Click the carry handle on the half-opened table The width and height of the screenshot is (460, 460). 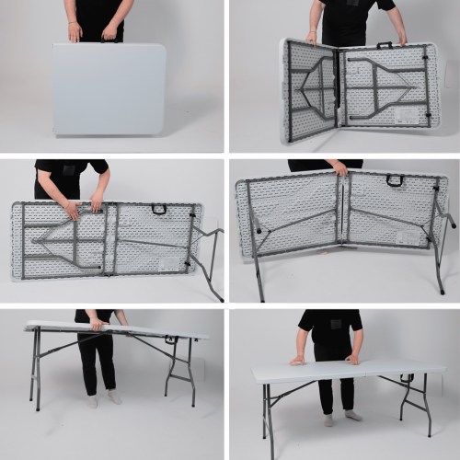point(385,44)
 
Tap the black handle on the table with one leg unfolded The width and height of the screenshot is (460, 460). point(158,209)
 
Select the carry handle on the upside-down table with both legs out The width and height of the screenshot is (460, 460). point(395,179)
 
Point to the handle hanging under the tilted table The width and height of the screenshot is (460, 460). point(170,339)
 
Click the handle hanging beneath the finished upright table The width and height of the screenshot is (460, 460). point(407,377)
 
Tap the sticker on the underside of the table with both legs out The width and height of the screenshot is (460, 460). point(408,236)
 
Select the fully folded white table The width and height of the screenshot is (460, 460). point(109,89)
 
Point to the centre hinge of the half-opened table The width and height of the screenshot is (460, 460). point(337,90)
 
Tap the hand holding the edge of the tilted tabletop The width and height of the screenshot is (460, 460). point(96,324)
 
